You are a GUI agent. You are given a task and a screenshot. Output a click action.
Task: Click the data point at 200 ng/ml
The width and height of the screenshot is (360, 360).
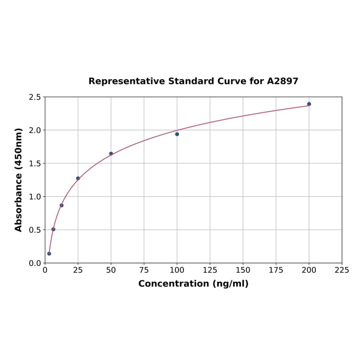click(x=309, y=104)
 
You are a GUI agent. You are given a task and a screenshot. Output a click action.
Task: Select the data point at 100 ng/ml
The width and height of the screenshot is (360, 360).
click(x=177, y=134)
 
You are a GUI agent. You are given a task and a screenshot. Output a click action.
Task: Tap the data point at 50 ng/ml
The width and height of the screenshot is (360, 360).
click(x=111, y=154)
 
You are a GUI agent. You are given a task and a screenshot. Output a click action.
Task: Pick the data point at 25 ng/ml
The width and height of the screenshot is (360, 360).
click(x=78, y=179)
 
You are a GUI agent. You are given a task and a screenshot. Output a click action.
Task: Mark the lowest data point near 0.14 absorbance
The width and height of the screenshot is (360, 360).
click(x=49, y=254)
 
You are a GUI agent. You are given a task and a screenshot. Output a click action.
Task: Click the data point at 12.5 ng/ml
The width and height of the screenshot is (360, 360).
click(x=62, y=205)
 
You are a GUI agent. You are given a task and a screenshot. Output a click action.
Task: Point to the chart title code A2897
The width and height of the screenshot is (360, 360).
click(x=283, y=81)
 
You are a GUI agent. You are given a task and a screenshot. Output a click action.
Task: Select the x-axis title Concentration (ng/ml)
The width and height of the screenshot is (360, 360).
click(x=193, y=284)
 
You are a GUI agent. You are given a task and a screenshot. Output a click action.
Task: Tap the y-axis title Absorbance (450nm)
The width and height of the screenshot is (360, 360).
click(x=19, y=180)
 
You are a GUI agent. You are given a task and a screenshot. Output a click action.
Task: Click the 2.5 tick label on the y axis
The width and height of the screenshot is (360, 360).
click(x=35, y=97)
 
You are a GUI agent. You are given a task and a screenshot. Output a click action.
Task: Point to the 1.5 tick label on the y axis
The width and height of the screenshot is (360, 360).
click(x=35, y=164)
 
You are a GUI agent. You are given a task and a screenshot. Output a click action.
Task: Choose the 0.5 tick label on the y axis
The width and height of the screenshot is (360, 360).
click(x=35, y=230)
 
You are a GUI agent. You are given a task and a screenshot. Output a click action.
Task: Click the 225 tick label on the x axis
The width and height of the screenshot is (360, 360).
click(x=342, y=270)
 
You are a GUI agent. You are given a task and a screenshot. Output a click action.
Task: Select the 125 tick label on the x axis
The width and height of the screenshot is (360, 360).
click(x=210, y=270)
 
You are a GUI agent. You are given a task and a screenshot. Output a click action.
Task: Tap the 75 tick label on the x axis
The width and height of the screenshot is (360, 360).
click(x=144, y=270)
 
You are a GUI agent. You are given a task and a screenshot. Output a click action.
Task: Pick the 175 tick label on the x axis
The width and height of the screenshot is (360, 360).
click(x=276, y=270)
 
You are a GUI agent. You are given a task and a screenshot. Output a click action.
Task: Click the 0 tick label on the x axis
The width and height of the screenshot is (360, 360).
click(x=45, y=270)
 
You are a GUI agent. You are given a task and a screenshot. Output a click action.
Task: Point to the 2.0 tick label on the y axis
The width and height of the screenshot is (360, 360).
click(x=35, y=130)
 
